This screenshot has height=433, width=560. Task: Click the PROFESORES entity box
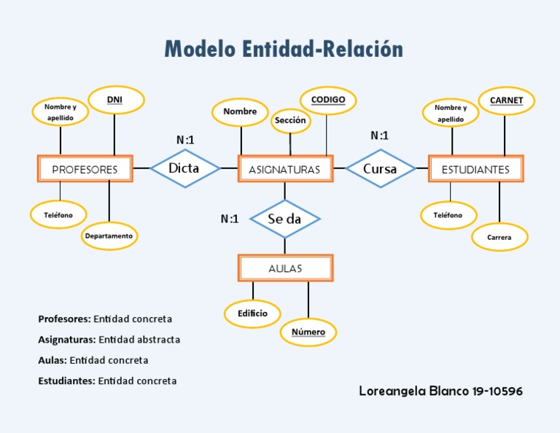(85, 169)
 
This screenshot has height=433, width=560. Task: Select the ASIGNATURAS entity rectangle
(285, 169)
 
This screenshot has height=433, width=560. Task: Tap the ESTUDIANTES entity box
(475, 169)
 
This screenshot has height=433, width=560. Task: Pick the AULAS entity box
(285, 268)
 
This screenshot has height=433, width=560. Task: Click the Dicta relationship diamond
(184, 168)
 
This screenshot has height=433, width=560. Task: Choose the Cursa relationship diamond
(380, 169)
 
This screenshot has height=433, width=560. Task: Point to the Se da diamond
(284, 219)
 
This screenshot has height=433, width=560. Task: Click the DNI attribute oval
(115, 100)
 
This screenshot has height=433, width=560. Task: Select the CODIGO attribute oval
(327, 100)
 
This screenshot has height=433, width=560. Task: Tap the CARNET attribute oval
(506, 101)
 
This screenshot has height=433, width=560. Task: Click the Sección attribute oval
(291, 120)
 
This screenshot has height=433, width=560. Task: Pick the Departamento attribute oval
(109, 236)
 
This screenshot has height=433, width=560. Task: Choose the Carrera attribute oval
(499, 238)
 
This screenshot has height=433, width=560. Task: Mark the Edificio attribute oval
(252, 313)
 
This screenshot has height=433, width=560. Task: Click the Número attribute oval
(308, 332)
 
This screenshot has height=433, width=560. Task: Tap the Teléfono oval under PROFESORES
(58, 215)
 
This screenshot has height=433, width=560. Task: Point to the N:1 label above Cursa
(380, 136)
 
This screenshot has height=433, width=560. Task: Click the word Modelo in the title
(199, 50)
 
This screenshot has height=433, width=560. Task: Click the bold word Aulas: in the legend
(52, 360)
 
